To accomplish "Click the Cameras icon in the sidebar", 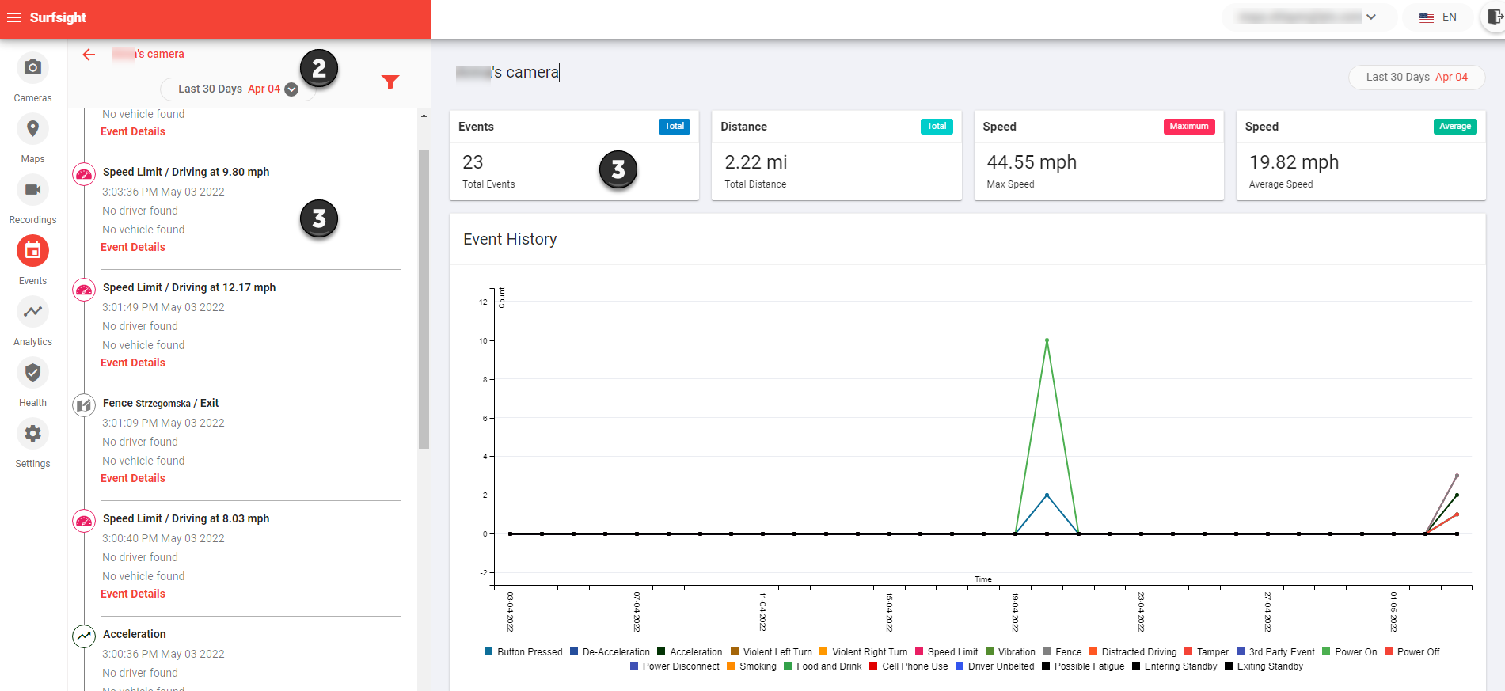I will (x=32, y=68).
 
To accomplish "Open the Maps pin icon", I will (x=32, y=129).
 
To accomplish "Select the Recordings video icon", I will (x=32, y=190).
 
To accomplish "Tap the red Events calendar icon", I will (x=32, y=251).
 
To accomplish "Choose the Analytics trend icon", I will (x=32, y=312).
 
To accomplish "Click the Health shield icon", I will (x=32, y=373).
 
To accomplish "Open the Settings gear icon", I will (x=32, y=434).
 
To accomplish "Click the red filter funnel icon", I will (x=390, y=82).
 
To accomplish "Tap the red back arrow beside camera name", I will (x=89, y=55).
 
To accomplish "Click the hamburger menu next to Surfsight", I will (x=14, y=17).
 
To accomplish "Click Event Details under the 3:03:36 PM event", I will (x=133, y=247).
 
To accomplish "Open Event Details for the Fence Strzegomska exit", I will (x=133, y=478).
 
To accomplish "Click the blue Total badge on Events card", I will (x=674, y=127).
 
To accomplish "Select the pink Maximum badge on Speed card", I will (x=1188, y=127).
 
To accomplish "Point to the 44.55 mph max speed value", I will (x=1032, y=162).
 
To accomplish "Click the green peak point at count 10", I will (x=1047, y=340).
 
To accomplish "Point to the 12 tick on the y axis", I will (x=483, y=302).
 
